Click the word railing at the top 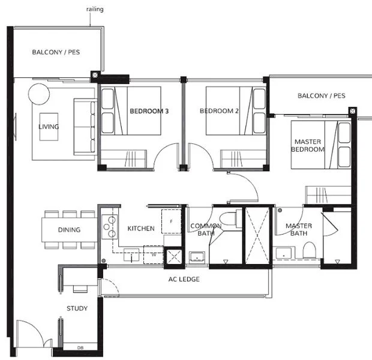94,10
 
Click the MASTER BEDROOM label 308,145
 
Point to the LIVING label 49,127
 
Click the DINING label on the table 69,230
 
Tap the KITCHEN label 141,229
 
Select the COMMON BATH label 205,230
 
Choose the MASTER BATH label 298,230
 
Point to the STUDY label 77,308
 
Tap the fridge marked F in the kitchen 172,221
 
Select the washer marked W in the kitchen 153,254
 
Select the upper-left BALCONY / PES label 56,52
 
